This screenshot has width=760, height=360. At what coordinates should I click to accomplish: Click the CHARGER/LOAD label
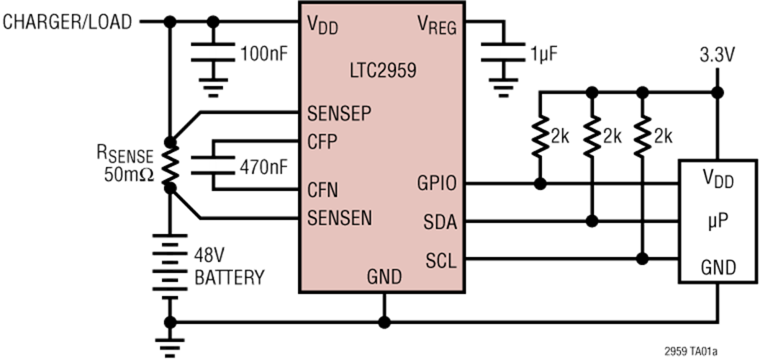pyautogui.click(x=68, y=22)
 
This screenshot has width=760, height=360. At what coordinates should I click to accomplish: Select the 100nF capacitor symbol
pyautogui.click(x=213, y=53)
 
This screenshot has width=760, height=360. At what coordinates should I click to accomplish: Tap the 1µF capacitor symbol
pyautogui.click(x=504, y=53)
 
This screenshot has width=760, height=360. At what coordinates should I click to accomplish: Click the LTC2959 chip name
pyautogui.click(x=382, y=71)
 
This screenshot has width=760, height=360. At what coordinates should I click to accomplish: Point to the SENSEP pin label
pyautogui.click(x=339, y=114)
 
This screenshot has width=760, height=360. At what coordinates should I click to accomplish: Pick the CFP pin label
pyautogui.click(x=322, y=142)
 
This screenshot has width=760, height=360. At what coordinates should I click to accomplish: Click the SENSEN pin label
pyautogui.click(x=340, y=218)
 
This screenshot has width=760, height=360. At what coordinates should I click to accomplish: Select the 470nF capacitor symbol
pyautogui.click(x=213, y=165)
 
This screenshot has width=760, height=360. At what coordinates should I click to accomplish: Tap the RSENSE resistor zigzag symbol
pyautogui.click(x=170, y=166)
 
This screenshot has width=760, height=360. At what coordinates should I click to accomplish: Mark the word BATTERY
pyautogui.click(x=230, y=277)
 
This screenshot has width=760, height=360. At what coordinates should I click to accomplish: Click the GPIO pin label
pyautogui.click(x=437, y=184)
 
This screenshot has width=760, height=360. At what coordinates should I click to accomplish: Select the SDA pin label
pyautogui.click(x=440, y=222)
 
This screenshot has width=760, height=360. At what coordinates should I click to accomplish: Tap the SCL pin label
pyautogui.click(x=441, y=261)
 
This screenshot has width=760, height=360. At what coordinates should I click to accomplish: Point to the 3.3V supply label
pyautogui.click(x=717, y=55)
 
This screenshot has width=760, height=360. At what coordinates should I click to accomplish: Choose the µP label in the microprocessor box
pyautogui.click(x=718, y=224)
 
